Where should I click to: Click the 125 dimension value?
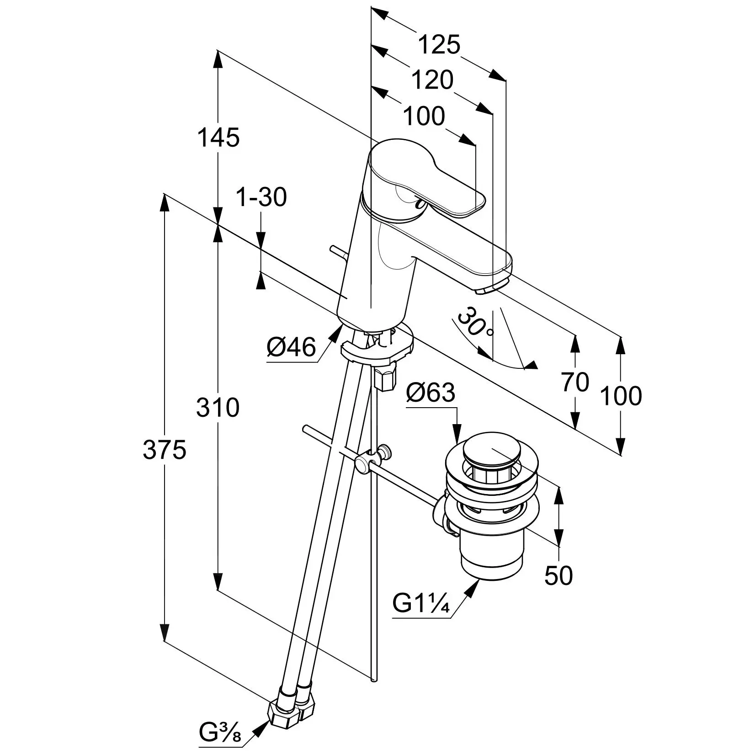tap(439, 45)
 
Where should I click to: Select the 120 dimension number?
tap(432, 80)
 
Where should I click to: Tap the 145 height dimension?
tap(218, 137)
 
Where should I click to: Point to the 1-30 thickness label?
tap(261, 197)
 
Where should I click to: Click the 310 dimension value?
tap(218, 407)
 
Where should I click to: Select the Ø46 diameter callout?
tap(291, 347)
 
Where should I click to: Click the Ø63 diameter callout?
tap(431, 392)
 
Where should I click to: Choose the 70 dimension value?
tap(575, 382)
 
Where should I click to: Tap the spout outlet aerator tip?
tap(489, 290)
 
